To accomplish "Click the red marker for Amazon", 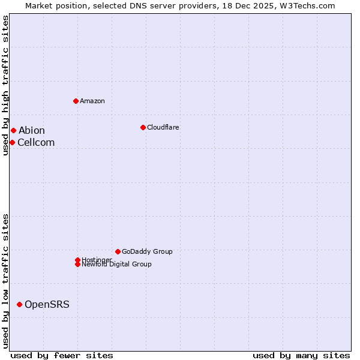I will (76, 101).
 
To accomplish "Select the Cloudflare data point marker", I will (143, 127).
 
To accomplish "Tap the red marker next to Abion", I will (13, 130).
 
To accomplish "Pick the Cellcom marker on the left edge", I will (12, 142).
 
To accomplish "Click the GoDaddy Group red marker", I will (118, 251).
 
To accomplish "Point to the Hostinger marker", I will (77, 260).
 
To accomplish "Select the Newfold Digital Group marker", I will (77, 264).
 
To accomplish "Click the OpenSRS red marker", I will (19, 304).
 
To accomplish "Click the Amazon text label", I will (92, 101).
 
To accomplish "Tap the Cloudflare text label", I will (163, 127).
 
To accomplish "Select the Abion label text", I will (31, 130).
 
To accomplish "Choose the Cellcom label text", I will (36, 142).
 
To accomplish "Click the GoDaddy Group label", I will (147, 251).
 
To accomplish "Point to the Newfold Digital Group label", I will (117, 265).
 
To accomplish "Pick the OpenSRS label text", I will (47, 304).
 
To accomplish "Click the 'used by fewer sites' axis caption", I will (62, 355).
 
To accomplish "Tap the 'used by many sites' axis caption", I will (301, 355).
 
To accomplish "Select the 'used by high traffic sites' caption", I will (5, 85).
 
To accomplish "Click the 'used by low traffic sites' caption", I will (5, 281).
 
